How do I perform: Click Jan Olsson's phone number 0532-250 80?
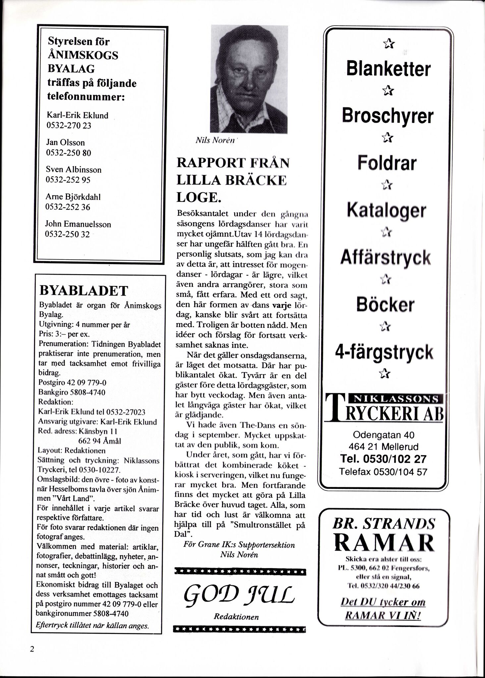[x=68, y=153]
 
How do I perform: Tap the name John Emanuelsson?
[x=78, y=224]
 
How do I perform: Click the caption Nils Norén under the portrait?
[x=215, y=141]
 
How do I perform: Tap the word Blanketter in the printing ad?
[x=388, y=69]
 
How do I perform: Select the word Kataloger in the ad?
[x=386, y=211]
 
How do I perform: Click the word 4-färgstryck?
[x=384, y=352]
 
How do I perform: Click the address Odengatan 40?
[x=384, y=435]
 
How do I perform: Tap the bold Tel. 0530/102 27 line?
[x=383, y=459]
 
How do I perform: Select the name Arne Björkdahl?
[x=73, y=197]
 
